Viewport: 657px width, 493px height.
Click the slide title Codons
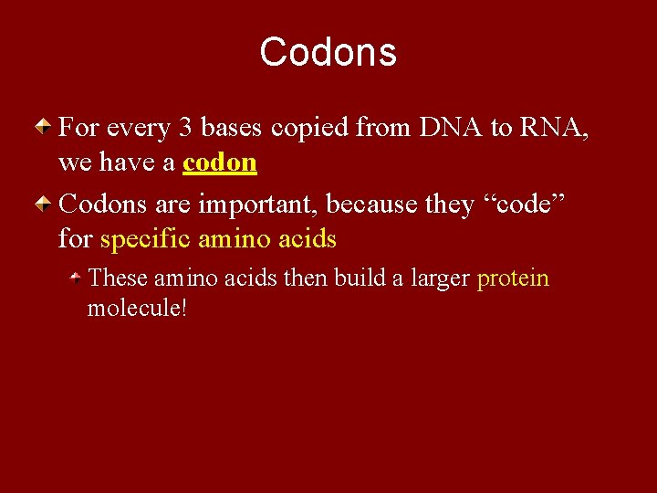click(328, 52)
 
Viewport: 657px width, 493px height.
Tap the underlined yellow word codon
click(220, 163)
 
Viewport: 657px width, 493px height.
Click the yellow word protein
click(513, 278)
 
